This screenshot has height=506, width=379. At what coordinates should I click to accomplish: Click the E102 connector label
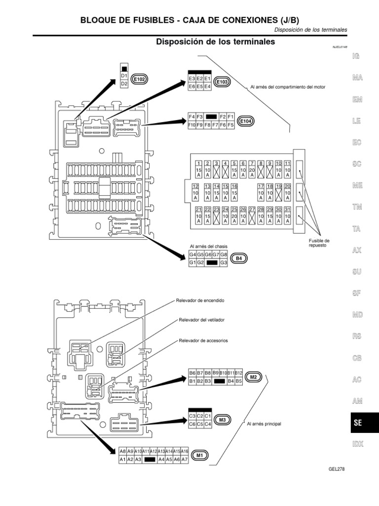click(x=140, y=79)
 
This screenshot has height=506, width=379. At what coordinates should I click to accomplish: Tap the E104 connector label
click(x=245, y=121)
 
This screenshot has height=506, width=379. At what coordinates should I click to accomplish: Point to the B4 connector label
click(x=239, y=258)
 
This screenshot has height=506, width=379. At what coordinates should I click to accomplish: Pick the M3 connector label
click(x=223, y=420)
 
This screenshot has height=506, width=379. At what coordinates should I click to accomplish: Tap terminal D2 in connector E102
click(x=124, y=84)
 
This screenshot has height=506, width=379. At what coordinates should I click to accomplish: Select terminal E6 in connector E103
click(x=191, y=86)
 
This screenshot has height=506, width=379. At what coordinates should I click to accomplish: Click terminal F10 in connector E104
click(x=192, y=125)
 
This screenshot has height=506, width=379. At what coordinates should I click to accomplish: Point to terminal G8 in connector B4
click(x=224, y=254)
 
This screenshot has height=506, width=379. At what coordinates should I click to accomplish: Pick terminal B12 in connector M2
click(x=239, y=373)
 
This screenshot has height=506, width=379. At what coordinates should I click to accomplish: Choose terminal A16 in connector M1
click(x=185, y=451)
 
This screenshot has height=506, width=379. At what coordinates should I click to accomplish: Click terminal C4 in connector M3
click(x=208, y=424)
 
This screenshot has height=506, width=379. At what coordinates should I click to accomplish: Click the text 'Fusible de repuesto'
click(x=315, y=243)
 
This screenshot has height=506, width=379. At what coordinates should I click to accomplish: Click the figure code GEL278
click(x=336, y=469)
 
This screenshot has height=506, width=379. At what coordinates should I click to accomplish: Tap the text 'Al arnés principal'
click(x=264, y=423)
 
